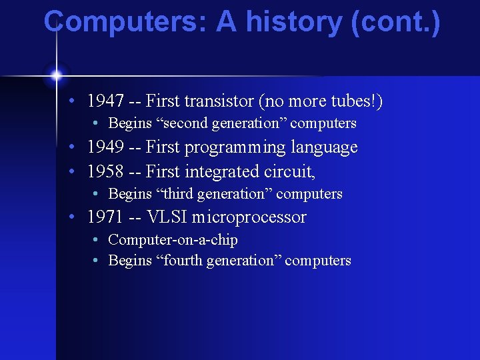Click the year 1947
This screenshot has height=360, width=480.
pyautogui.click(x=105, y=101)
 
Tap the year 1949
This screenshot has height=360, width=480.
pyautogui.click(x=105, y=147)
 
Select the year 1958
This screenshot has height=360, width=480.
pyautogui.click(x=105, y=172)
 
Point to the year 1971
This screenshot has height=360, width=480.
pyautogui.click(x=105, y=217)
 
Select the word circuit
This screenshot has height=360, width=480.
pyautogui.click(x=287, y=172)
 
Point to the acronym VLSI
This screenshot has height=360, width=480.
pyautogui.click(x=173, y=217)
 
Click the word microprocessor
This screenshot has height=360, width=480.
pyautogui.click(x=253, y=218)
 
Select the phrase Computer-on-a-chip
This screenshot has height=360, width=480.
pyautogui.click(x=173, y=240)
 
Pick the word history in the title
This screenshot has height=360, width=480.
pyautogui.click(x=293, y=22)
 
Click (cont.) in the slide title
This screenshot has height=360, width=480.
pyautogui.click(x=399, y=22)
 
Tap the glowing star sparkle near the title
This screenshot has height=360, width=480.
pyautogui.click(x=57, y=75)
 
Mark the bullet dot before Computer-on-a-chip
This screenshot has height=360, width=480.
pyautogui.click(x=97, y=240)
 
